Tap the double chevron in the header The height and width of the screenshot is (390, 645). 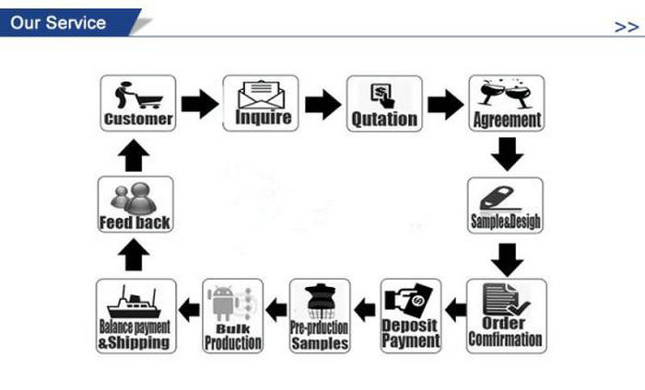pyautogui.click(x=626, y=27)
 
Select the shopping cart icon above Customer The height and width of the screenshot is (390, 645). pyautogui.click(x=137, y=96)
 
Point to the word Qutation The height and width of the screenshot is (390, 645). pyautogui.click(x=384, y=120)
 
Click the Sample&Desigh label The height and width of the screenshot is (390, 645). pyautogui.click(x=506, y=223)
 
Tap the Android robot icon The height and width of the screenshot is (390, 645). pyautogui.click(x=228, y=301)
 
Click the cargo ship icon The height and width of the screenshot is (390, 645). pyautogui.click(x=135, y=301)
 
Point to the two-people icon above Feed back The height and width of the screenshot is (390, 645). pyautogui.click(x=135, y=197)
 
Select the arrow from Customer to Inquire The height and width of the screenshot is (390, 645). pyautogui.click(x=199, y=104)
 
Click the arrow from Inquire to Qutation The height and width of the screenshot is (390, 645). pyautogui.click(x=322, y=104)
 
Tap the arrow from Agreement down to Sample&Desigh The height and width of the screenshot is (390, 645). pyautogui.click(x=507, y=153)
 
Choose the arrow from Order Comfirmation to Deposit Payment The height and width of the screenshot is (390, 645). pyautogui.click(x=454, y=309)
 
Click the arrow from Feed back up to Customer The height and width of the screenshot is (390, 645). pyautogui.click(x=135, y=156)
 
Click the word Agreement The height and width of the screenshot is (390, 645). pyautogui.click(x=507, y=120)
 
